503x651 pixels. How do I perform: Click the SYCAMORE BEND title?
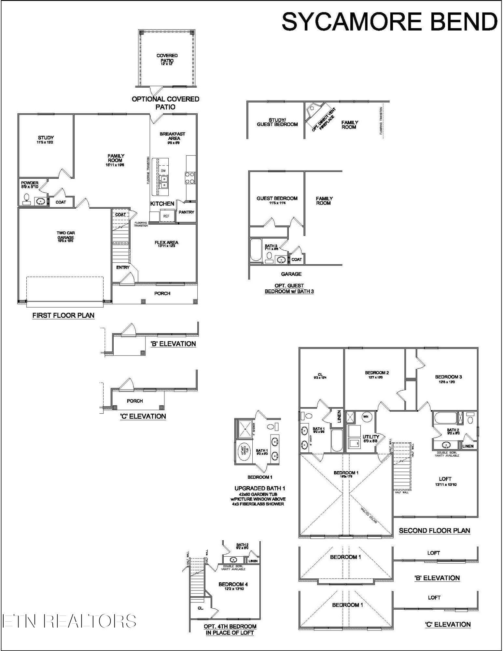389,21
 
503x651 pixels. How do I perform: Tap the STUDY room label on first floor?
46,138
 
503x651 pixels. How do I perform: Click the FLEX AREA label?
166,242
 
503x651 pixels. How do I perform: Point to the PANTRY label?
186,212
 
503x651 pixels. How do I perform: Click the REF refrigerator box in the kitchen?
166,216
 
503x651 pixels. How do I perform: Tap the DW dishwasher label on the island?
163,171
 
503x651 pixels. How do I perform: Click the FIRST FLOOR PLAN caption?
63,315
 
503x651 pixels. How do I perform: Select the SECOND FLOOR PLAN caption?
434,531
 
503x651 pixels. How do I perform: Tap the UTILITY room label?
371,437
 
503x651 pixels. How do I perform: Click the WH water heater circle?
365,417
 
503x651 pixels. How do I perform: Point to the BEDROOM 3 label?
448,377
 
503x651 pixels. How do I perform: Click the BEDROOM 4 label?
233,585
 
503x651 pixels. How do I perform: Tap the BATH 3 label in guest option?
271,246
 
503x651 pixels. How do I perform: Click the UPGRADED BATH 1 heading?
260,489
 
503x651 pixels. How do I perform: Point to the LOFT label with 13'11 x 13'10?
445,479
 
